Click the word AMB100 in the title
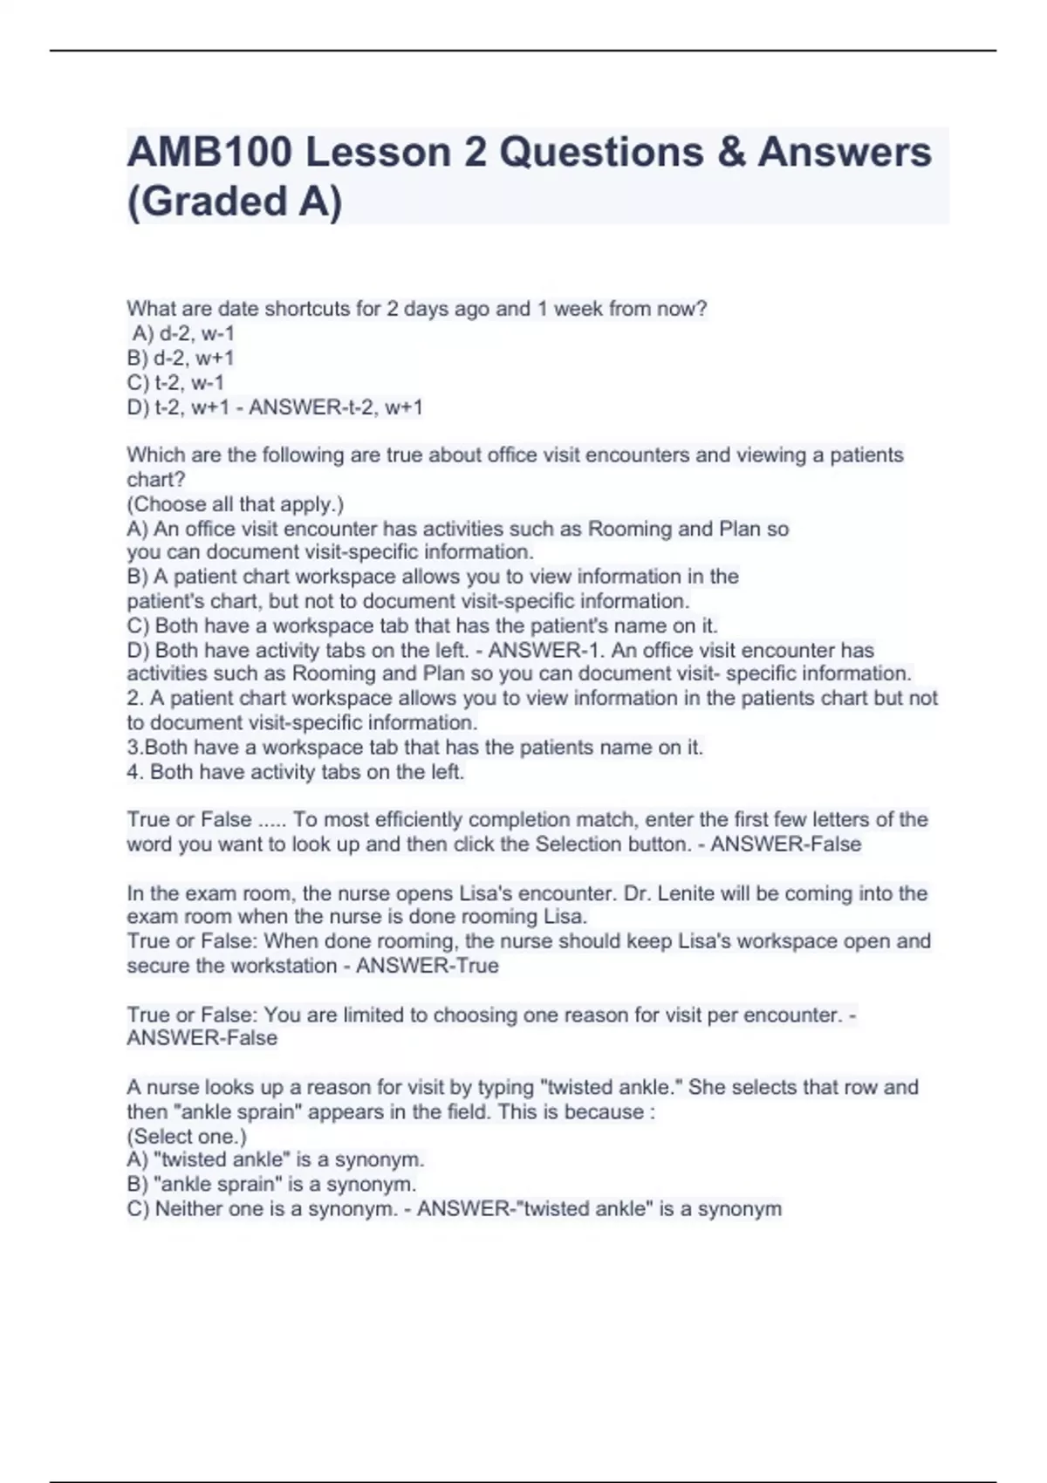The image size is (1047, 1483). click(x=209, y=153)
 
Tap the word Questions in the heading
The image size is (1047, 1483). click(x=601, y=153)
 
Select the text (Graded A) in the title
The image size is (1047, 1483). click(x=235, y=202)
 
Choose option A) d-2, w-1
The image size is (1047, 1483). click(x=183, y=333)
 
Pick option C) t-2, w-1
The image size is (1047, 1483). click(x=175, y=382)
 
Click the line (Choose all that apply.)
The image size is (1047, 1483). click(x=236, y=504)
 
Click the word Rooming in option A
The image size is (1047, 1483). click(x=629, y=529)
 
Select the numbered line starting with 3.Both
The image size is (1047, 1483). click(x=414, y=748)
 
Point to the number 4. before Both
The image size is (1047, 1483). click(x=134, y=772)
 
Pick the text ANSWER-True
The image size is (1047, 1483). click(x=428, y=966)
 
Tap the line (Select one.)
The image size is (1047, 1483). click(x=187, y=1137)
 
